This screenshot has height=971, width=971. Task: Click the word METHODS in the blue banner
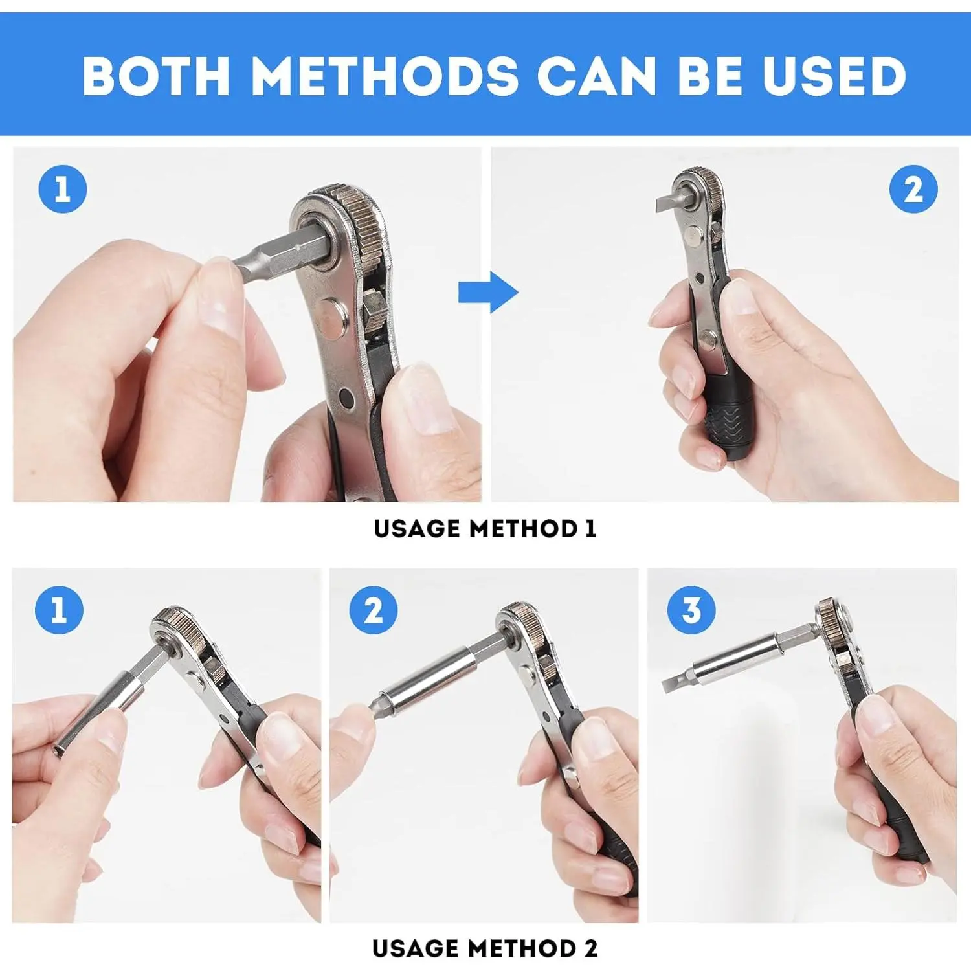385,76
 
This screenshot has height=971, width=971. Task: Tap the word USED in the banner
834,76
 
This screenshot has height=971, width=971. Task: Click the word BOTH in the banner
156,76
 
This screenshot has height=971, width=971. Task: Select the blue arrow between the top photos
488,292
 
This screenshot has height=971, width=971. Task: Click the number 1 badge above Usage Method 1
63,189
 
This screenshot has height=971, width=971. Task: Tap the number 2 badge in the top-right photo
913,189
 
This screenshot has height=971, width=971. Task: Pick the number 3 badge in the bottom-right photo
691,610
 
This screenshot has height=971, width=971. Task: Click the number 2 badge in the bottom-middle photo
374,610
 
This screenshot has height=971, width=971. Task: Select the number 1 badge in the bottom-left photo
59,610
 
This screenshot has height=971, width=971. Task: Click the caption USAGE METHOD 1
485,529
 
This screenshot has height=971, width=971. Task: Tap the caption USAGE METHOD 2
485,949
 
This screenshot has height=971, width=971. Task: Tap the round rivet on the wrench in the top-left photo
334,317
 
